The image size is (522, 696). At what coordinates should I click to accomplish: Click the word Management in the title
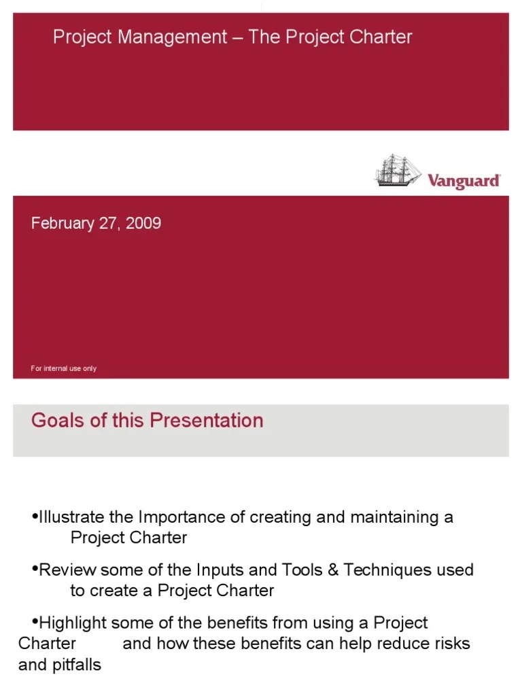173,37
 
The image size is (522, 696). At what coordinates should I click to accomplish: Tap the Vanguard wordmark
464,181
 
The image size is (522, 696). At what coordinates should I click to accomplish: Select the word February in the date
63,224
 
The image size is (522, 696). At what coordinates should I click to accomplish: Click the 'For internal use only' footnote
64,368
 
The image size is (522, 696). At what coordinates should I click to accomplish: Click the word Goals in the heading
58,420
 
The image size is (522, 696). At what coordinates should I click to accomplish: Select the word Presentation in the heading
206,420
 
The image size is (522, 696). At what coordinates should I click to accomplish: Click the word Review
68,570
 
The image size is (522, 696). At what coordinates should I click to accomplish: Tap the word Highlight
73,623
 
